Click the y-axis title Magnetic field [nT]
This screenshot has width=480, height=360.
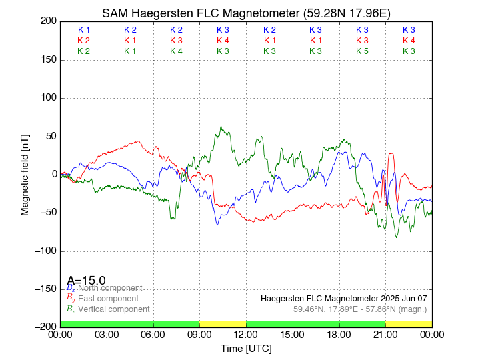25,174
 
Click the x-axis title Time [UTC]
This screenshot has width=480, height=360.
246,349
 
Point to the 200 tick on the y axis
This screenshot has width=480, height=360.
48,21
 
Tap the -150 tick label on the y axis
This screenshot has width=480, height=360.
44,289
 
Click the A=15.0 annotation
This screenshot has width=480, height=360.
86,281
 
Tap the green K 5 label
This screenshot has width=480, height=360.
362,51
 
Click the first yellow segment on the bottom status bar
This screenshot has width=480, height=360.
223,323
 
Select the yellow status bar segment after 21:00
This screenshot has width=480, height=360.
409,323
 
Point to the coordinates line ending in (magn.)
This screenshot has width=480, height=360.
359,309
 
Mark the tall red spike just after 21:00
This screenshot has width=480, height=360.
391,154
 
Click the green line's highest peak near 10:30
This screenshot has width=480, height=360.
222,127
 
